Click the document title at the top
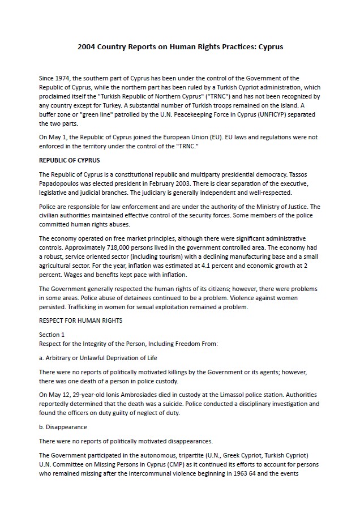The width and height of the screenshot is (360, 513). pos(180,46)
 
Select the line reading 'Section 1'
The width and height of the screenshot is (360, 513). pos(52,335)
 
